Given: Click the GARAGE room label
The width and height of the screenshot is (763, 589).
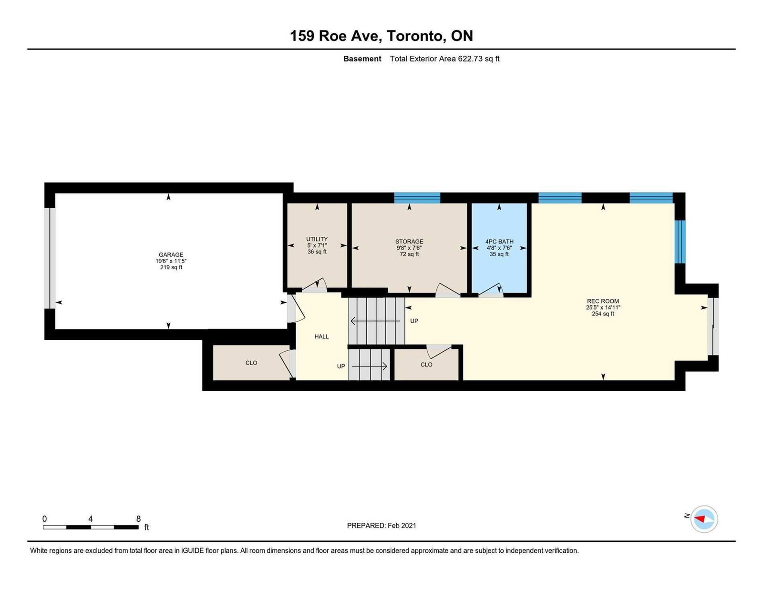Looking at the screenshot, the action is pos(171,254).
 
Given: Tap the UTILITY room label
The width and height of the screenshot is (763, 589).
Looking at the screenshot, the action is pos(317,239).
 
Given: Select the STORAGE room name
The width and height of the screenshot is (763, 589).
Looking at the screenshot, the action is pos(409,241).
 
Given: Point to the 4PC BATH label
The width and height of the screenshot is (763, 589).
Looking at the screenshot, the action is pos(499,241).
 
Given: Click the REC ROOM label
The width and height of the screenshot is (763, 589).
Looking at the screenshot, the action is pos(603,301).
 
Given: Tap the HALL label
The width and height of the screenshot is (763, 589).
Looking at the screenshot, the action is pos(321,336).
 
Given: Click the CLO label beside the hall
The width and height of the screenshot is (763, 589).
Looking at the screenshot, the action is pos(251,363).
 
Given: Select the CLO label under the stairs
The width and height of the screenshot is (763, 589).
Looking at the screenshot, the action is pos(426,365).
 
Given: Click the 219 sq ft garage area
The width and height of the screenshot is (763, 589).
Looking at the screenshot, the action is pos(171,267).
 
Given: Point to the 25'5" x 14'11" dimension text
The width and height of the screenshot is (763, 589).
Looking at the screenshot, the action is pos(603,307).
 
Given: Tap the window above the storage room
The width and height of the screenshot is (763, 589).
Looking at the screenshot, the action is pos(417,198).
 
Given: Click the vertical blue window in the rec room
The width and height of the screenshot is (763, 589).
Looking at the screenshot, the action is pos(680,242).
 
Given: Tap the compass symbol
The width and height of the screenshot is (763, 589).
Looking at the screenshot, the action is pos(704,519).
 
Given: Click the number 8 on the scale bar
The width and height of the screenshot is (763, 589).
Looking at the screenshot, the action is pos(138,519).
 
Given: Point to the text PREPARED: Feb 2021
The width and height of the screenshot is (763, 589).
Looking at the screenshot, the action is pos(381,526).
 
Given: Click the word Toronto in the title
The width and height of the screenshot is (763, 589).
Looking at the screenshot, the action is pos(416,36).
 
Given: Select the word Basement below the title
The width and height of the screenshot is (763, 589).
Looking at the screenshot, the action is pos(362,59).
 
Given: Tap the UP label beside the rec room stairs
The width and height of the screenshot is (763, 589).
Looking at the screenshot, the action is pos(414,321).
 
